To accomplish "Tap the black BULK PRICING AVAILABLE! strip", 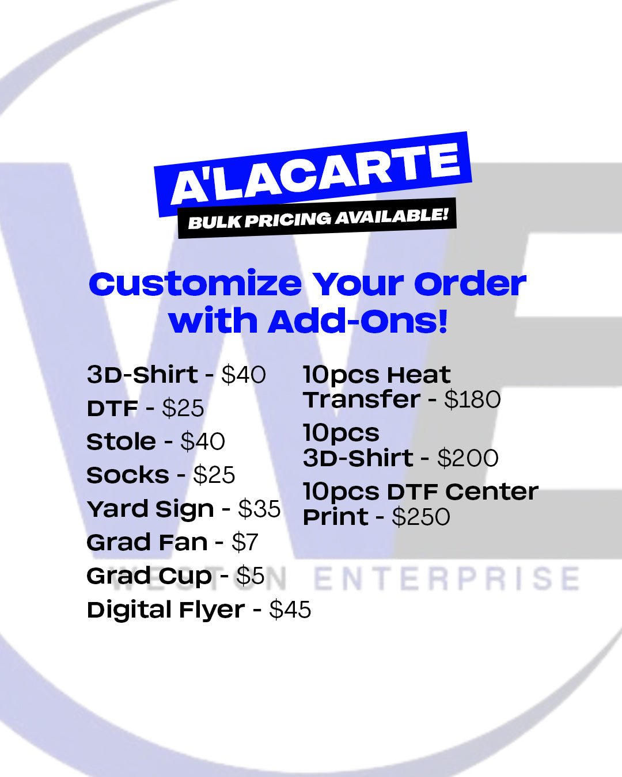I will (317, 218).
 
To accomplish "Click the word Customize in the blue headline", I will (195, 284).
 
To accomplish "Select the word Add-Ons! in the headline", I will (358, 321).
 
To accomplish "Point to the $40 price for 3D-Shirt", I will (244, 375).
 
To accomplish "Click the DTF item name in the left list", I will (112, 409).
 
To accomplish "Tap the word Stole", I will (121, 442).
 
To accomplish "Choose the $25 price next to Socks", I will (214, 475).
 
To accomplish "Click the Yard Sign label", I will (150, 509).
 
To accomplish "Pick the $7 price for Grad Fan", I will (245, 543).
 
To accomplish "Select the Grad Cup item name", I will (149, 576).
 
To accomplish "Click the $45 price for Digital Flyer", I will (290, 610).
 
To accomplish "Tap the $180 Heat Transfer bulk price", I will (472, 400).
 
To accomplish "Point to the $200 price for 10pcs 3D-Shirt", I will (468, 459).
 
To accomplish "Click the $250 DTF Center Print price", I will (421, 517).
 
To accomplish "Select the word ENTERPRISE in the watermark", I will (447, 579).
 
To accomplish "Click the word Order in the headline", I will (470, 284).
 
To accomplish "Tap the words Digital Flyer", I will (166, 610).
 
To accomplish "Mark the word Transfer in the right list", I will (362, 400).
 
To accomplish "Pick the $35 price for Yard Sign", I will (259, 509).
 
